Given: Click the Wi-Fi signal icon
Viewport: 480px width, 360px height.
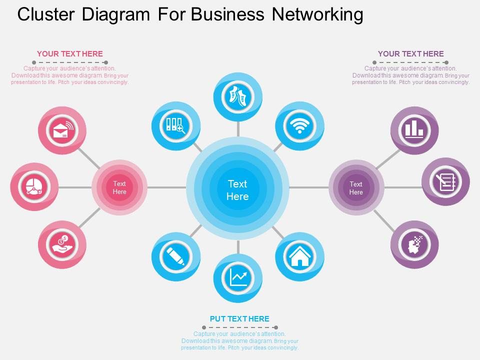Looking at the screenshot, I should pos(299,125).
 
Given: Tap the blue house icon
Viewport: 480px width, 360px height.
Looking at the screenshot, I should pos(299,256).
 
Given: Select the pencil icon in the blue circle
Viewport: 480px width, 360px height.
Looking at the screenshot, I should pos(175,256).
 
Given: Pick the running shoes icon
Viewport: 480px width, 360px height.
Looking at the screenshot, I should pos(238,96).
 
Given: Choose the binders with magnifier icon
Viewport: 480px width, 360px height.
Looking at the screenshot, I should pos(175,125).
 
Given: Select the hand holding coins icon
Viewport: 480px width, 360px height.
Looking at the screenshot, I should pos(62,244).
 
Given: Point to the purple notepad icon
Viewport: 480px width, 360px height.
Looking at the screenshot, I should pos(445,182).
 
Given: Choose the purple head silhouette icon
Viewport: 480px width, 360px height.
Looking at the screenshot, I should pos(414,244).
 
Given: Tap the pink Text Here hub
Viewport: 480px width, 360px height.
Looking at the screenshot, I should pos(119,187).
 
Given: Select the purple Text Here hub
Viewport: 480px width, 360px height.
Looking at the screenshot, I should pos(356,188).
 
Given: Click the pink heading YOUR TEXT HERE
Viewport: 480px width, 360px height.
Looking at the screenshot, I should pos(70,54).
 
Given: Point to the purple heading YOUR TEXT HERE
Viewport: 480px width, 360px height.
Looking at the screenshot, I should pos(410,54).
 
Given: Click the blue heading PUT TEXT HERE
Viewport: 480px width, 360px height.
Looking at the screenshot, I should pos(239,318).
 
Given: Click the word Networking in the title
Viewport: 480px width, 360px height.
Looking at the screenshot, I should pos(317,14).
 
